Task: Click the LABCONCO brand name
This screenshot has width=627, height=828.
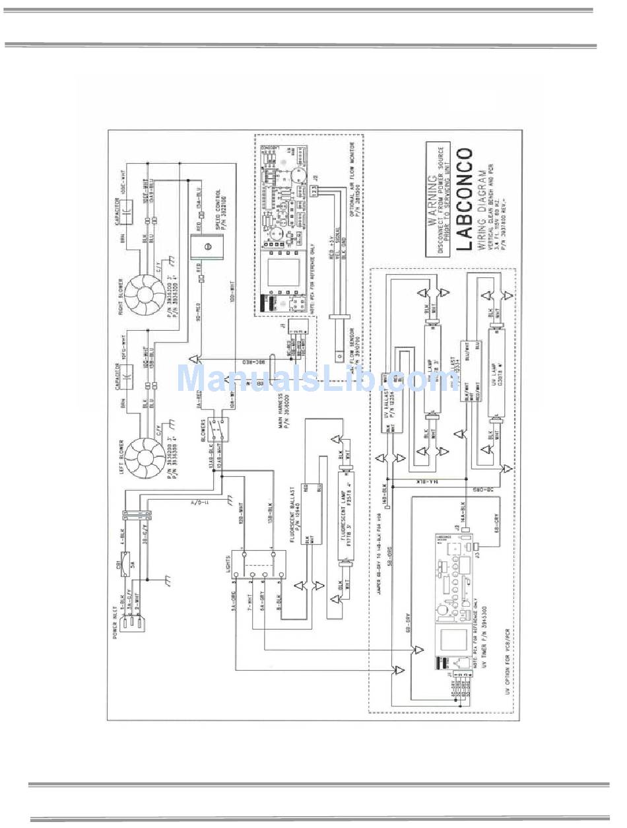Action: click(465, 199)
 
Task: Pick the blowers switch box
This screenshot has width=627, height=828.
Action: click(218, 430)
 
